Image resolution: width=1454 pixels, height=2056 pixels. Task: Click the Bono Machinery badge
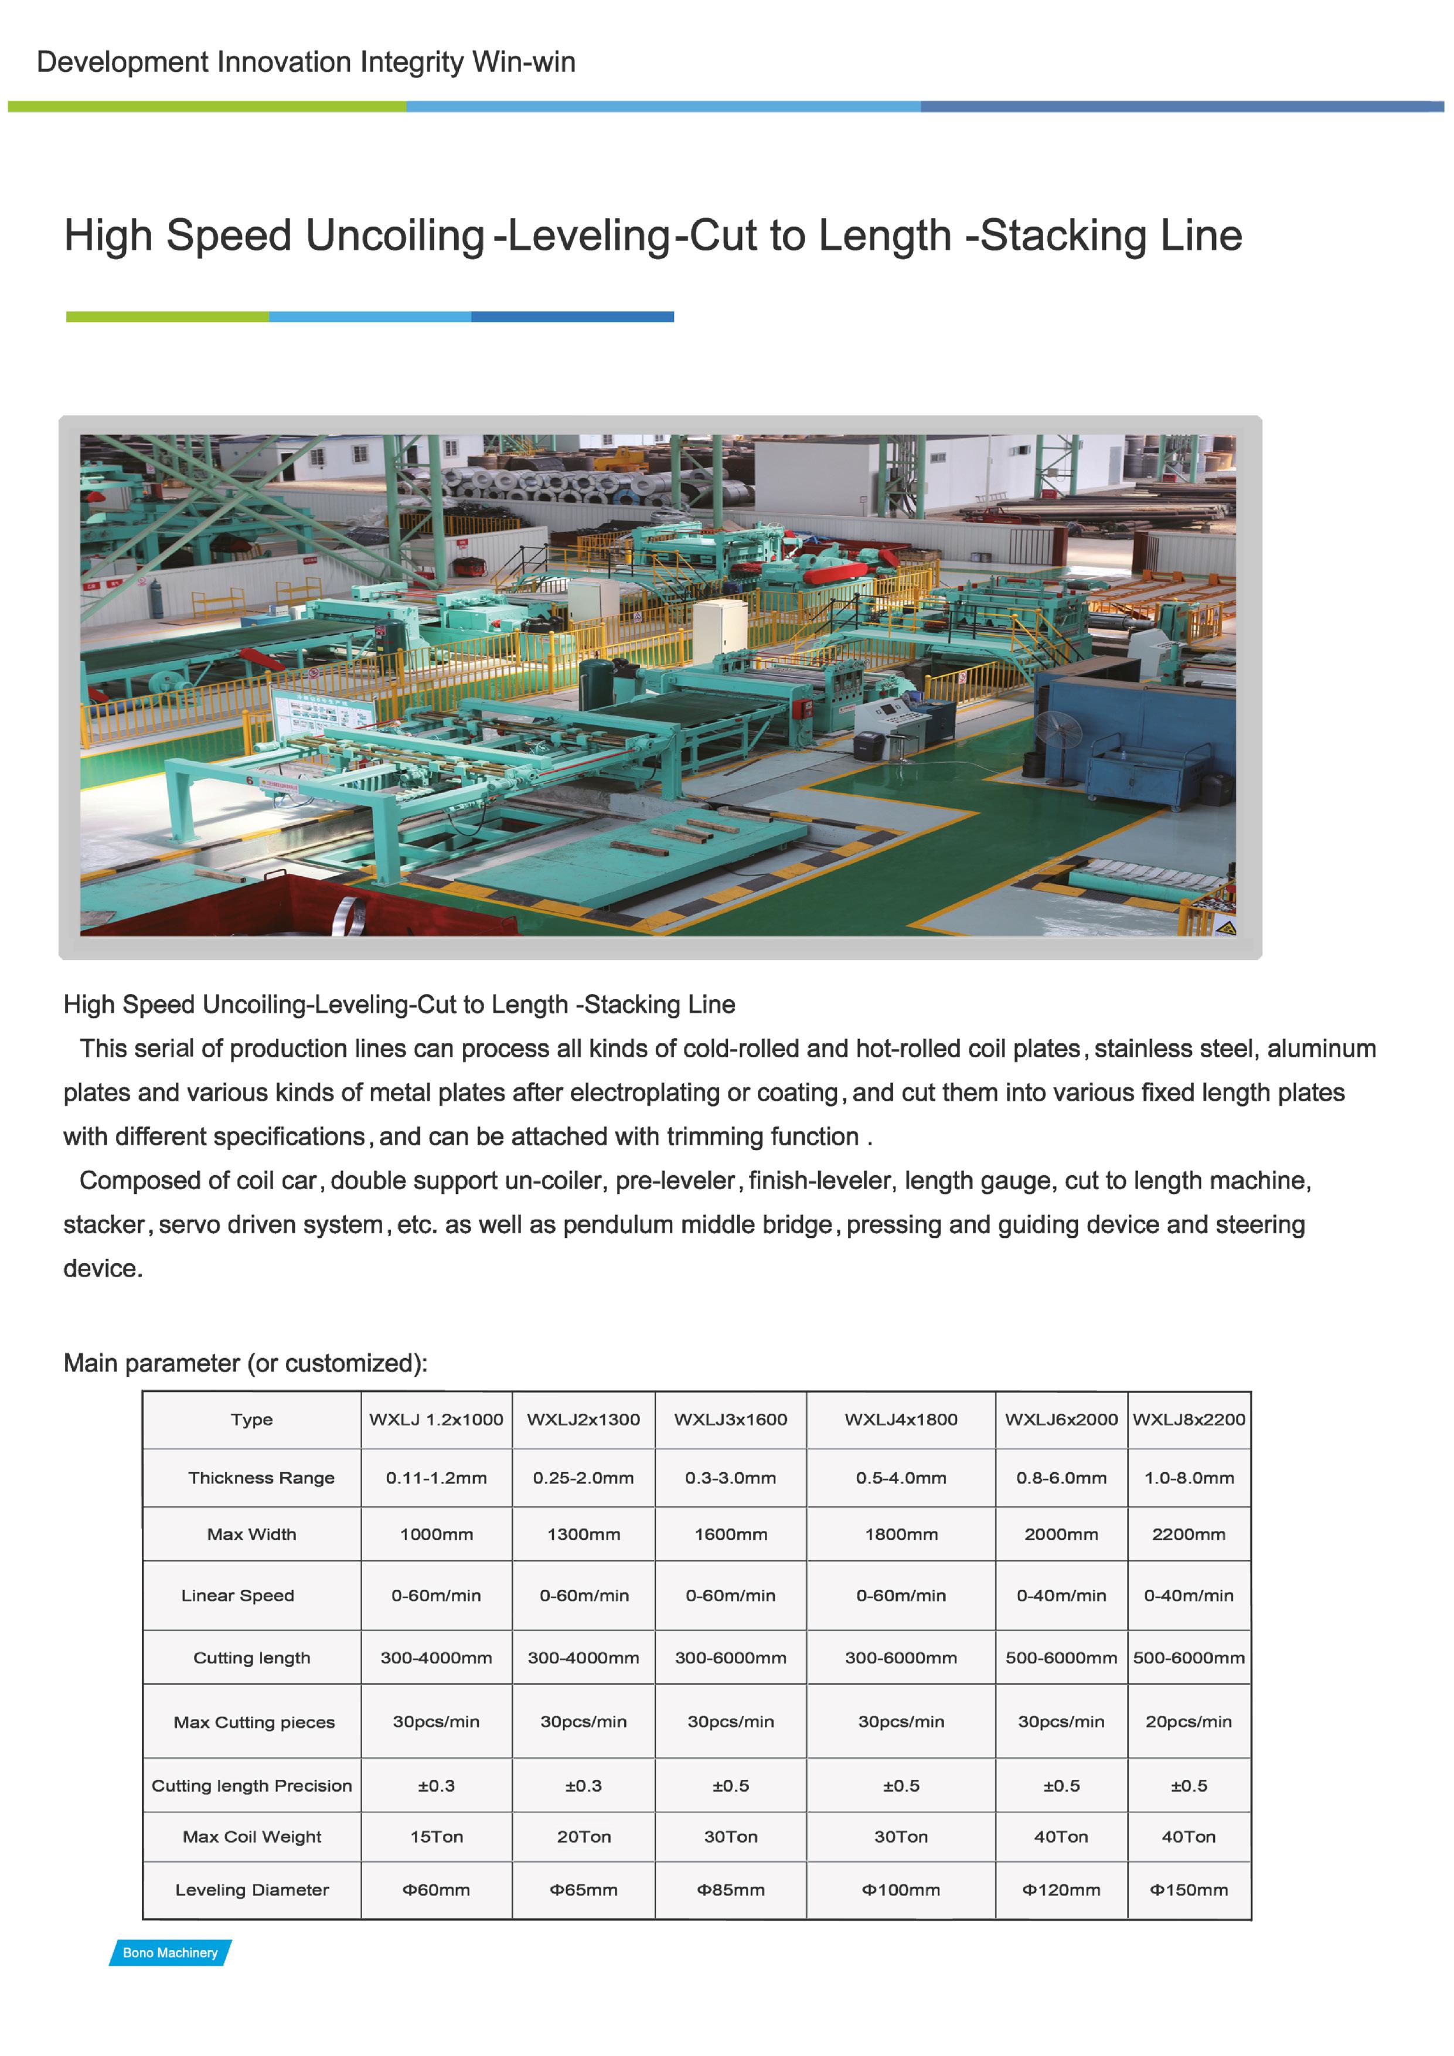point(170,1952)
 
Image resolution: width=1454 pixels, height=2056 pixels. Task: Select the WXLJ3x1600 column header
point(731,1420)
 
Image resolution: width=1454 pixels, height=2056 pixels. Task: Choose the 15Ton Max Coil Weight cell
point(436,1837)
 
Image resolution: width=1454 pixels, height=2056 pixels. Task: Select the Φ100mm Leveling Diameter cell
point(901,1890)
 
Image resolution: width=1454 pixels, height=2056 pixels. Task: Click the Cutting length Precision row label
point(251,1786)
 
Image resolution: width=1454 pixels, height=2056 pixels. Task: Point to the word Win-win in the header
point(524,63)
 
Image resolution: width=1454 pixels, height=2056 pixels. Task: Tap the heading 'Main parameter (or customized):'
point(246,1363)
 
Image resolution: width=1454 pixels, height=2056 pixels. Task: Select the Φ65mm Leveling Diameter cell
point(584,1890)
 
